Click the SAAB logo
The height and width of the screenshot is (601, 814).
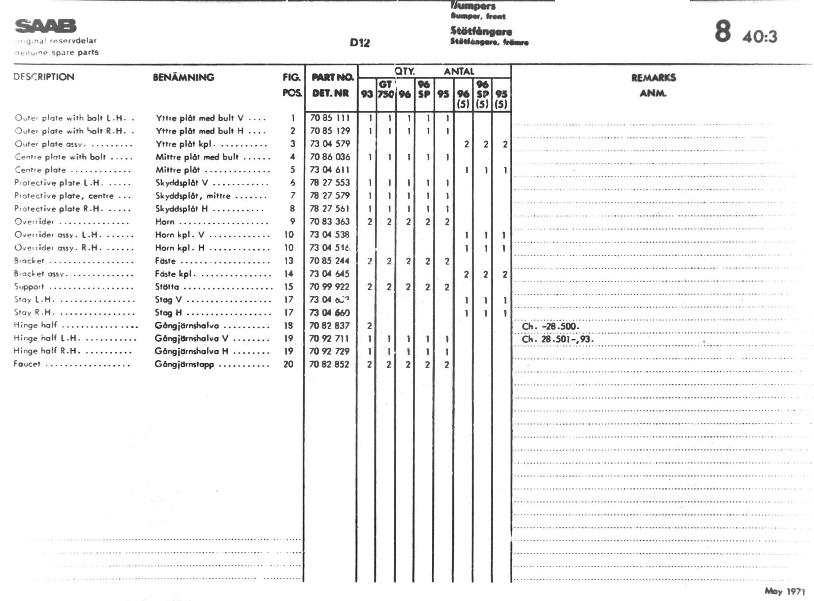click(46, 26)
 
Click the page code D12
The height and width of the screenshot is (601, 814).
click(360, 42)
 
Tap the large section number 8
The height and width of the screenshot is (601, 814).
click(722, 31)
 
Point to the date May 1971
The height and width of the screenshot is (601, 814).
click(784, 591)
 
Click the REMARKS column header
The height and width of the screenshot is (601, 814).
click(653, 78)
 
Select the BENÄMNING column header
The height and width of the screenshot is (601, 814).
click(184, 77)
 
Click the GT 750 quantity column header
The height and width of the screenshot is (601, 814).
click(385, 89)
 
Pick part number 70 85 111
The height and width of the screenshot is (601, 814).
click(330, 118)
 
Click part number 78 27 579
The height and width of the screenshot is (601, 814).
click(330, 195)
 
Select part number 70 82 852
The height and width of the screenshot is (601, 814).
click(330, 364)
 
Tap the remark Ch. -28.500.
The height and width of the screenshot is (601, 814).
click(550, 327)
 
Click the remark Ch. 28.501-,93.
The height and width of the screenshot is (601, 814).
click(557, 339)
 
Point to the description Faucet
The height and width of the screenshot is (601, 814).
click(27, 364)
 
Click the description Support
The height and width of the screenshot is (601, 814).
click(29, 287)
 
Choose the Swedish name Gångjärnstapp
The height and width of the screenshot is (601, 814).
click(184, 365)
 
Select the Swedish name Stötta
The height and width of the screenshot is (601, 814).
click(167, 287)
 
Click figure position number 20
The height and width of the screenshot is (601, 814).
click(288, 364)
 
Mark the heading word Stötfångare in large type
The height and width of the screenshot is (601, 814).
click(481, 31)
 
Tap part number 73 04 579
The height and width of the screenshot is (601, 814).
click(330, 144)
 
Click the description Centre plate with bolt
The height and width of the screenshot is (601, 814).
click(61, 157)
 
